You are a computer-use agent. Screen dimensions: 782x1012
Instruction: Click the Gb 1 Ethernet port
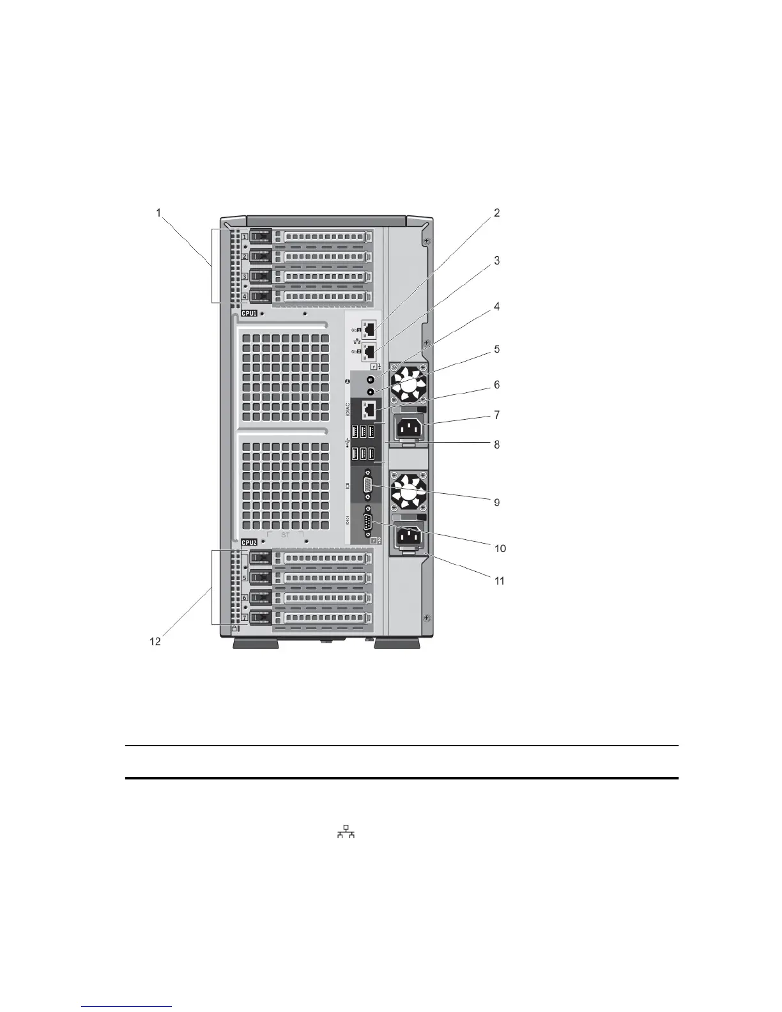[x=368, y=330]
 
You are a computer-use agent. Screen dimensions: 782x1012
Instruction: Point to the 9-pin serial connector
[x=367, y=523]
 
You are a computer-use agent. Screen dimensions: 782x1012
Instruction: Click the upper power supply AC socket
[x=410, y=427]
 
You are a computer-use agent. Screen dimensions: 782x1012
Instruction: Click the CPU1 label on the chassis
[x=249, y=314]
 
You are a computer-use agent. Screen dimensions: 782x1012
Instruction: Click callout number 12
[x=155, y=642]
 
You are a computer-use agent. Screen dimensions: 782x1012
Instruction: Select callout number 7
[x=496, y=415]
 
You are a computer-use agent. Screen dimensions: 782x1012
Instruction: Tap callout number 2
[x=496, y=213]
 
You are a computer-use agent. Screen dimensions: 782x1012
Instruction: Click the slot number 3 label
[x=245, y=277]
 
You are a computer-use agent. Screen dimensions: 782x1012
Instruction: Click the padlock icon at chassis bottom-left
[x=235, y=629]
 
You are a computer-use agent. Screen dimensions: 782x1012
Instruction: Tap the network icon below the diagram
[x=346, y=831]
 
